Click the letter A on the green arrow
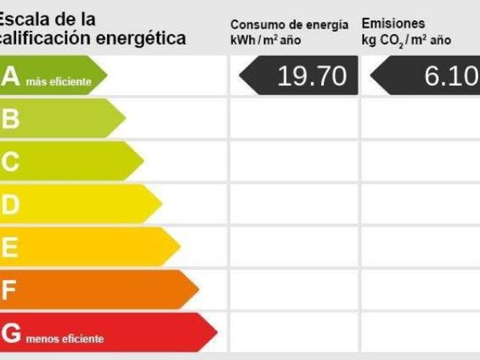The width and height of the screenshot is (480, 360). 10,76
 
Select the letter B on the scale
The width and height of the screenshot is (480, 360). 10,119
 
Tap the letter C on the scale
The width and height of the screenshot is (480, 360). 10,162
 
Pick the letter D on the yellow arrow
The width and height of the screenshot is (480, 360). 10,205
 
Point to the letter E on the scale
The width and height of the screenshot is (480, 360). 10,247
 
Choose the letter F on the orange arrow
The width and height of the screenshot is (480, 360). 9,290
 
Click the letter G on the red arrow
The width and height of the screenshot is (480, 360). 11,333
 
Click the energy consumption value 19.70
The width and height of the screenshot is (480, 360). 311,76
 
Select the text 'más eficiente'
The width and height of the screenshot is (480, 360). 58,82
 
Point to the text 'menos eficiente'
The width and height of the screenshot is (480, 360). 65,339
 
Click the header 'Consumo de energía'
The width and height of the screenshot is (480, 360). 289,25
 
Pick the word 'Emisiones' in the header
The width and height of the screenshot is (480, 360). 393,24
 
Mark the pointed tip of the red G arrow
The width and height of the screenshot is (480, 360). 217,331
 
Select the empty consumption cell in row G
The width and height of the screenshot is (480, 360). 294,332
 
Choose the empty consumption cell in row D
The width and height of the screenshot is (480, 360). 294,203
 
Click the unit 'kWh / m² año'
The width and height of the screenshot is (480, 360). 265,41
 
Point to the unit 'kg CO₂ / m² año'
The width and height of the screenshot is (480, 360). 406,41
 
